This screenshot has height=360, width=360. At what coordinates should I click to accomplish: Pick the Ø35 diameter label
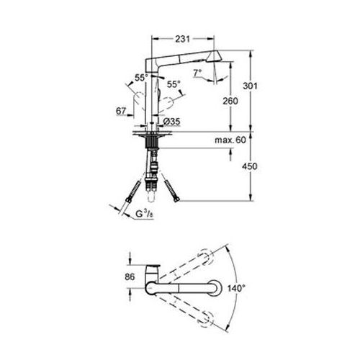pos(171,122)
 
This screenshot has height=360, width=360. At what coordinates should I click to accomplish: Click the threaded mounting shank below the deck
pos(152,155)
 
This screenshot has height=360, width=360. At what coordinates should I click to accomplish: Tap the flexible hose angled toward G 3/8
pos(135,193)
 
